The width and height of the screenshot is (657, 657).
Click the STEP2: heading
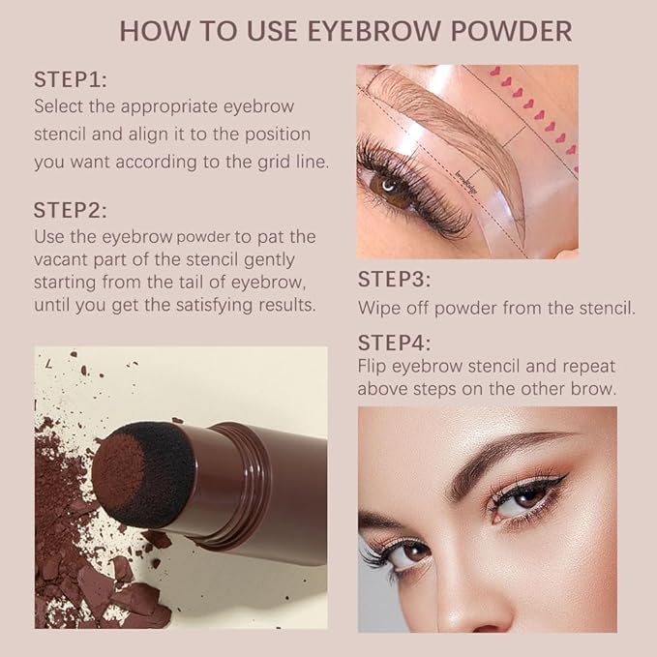click(x=70, y=210)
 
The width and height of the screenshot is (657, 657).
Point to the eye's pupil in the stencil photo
click(x=389, y=185)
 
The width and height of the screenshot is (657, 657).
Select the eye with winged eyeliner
click(x=523, y=496)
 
